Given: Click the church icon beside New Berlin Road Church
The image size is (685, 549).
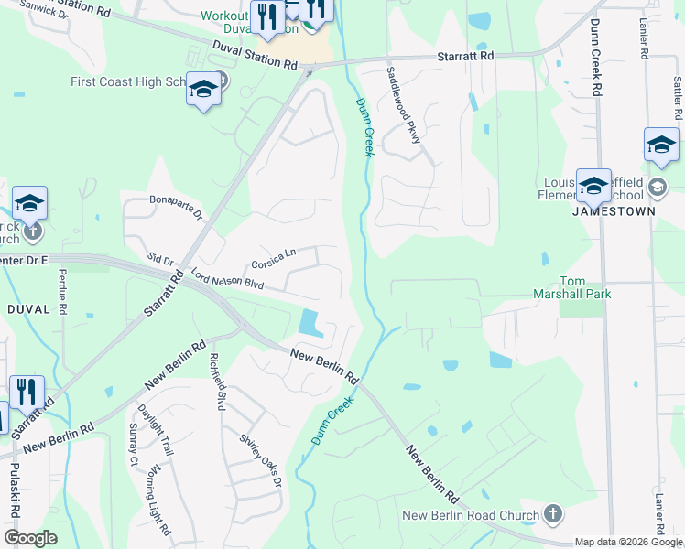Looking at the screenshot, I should [552, 514].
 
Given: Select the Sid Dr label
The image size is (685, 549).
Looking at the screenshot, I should [161, 263].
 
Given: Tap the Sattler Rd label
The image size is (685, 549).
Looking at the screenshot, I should [678, 99].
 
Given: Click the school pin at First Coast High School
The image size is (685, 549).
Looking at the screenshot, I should [203, 91].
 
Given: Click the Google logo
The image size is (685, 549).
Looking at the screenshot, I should [30, 538].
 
